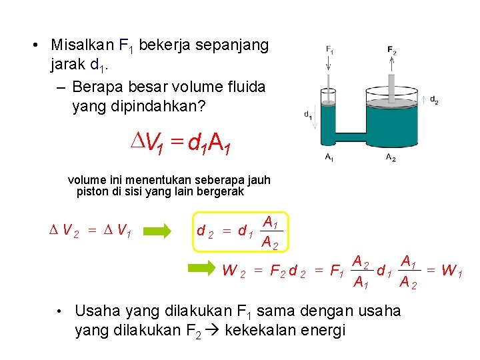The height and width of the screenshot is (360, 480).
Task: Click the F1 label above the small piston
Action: click(330, 49)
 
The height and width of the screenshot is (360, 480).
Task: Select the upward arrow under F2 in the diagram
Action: click(391, 63)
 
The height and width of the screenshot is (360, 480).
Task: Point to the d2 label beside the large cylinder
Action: click(433, 100)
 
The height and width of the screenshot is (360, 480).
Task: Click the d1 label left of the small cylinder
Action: click(307, 114)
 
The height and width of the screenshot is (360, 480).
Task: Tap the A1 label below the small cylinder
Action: click(329, 157)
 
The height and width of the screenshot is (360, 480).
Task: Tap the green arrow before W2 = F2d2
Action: click(204, 271)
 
